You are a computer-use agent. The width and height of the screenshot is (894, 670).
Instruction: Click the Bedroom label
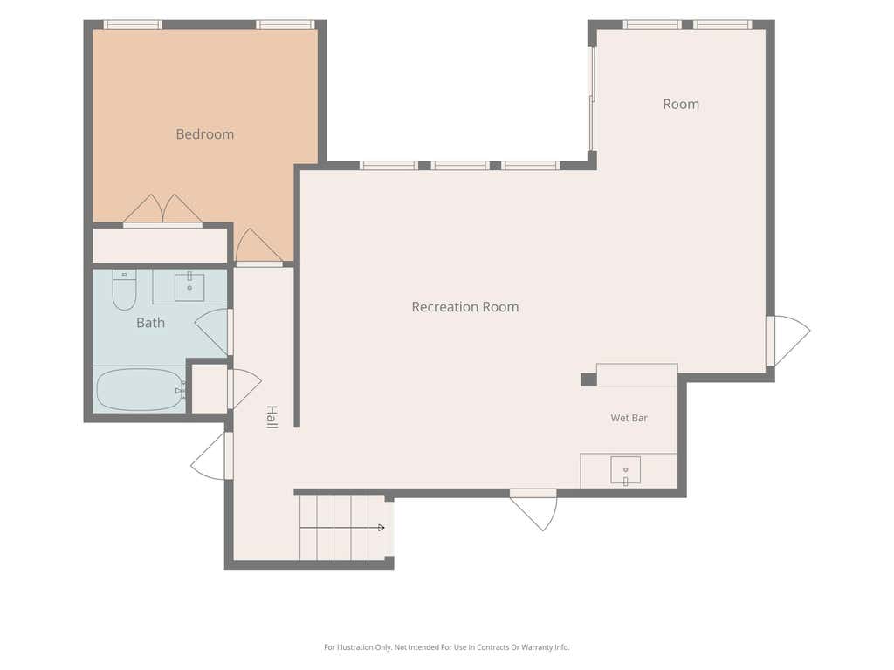click(x=204, y=134)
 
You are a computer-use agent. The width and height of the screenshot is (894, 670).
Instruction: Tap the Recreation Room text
click(x=465, y=307)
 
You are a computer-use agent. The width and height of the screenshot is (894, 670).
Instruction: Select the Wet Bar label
click(x=629, y=418)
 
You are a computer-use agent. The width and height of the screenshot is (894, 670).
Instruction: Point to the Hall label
click(x=272, y=417)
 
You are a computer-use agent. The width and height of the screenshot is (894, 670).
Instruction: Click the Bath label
click(x=150, y=323)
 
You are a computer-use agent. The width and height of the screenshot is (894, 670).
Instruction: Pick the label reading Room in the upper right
click(x=681, y=105)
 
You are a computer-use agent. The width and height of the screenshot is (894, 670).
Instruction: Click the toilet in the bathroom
click(x=124, y=290)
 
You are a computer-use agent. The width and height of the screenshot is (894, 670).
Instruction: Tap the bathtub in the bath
click(x=141, y=390)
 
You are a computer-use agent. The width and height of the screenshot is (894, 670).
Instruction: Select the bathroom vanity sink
click(x=189, y=287)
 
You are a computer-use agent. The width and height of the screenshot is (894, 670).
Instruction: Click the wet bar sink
click(x=625, y=470)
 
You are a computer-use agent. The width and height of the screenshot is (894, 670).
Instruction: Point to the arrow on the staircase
click(x=342, y=528)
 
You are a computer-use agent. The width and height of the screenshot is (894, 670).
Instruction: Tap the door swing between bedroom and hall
click(x=258, y=247)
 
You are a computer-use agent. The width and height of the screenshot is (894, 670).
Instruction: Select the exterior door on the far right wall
click(x=788, y=340)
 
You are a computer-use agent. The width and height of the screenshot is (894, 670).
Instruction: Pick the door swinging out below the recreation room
click(x=533, y=510)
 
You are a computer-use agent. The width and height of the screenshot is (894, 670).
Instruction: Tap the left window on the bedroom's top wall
click(x=133, y=24)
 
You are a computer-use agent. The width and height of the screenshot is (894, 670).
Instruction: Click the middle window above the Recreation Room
click(x=460, y=166)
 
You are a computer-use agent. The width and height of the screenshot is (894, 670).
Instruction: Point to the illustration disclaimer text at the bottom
click(x=446, y=647)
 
